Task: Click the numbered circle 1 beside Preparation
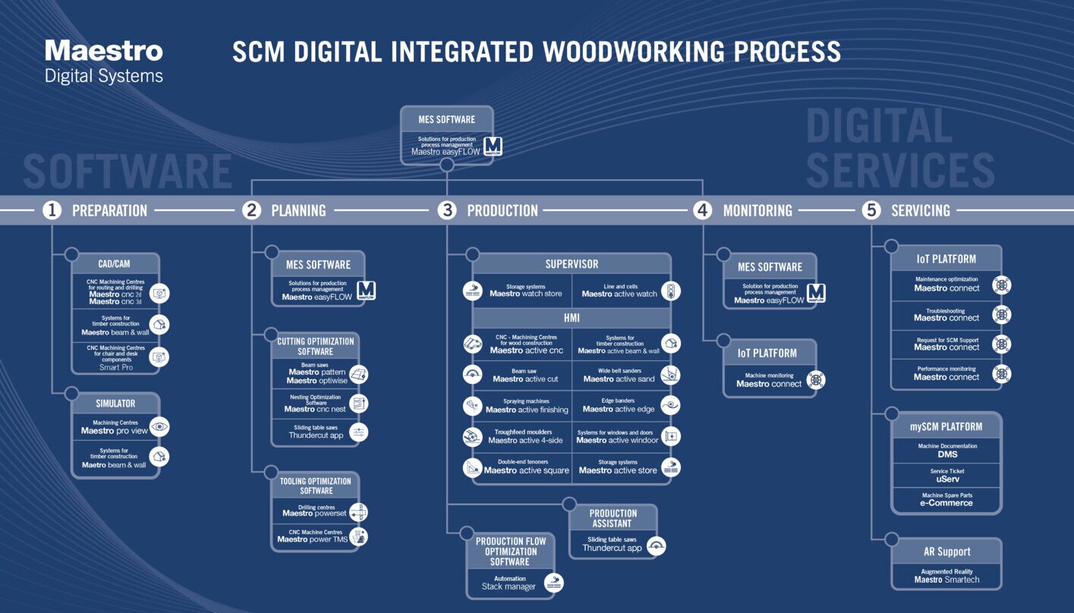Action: pos(52,210)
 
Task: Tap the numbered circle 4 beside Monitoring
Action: pos(703,210)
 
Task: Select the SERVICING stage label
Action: pos(920,211)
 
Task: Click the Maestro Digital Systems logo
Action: pos(104,61)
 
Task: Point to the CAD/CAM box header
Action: pos(115,264)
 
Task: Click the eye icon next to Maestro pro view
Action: pos(159,427)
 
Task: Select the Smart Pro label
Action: pos(116,367)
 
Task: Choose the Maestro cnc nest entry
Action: pos(315,409)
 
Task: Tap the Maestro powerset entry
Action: pos(314,514)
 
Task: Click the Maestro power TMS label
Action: pos(313,539)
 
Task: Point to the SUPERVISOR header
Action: pos(572,264)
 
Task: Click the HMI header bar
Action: pos(572,318)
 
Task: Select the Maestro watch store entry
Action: pos(525,294)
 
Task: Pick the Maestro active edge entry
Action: pos(619,409)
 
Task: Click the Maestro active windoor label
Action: pos(617,440)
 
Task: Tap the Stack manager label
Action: pos(509,586)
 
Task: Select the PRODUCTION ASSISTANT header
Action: pos(613,518)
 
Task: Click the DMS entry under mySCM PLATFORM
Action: pos(947,454)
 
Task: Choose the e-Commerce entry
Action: pos(946,502)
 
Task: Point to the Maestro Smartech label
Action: pos(946,580)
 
